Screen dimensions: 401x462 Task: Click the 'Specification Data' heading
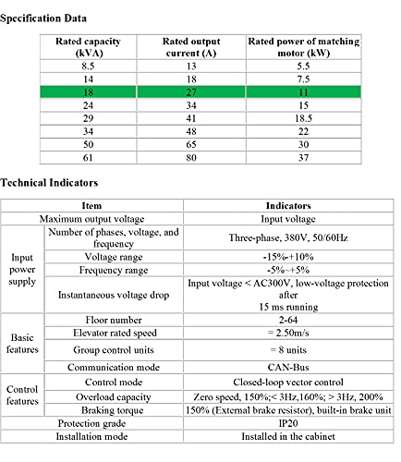(43, 18)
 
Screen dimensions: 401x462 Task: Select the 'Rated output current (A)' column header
(191, 47)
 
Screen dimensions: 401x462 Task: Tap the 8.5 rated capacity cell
(88, 67)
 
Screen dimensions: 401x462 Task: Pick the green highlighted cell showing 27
(191, 92)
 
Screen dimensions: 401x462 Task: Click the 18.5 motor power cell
(303, 118)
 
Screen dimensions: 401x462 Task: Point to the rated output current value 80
(191, 158)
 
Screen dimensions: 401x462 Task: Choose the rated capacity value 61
(88, 158)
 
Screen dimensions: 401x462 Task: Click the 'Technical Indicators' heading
(49, 183)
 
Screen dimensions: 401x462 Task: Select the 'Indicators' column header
(288, 206)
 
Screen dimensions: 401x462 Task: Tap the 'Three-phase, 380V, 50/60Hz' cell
(288, 237)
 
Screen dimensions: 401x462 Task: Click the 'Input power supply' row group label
(22, 269)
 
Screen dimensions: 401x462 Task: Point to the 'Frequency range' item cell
(114, 270)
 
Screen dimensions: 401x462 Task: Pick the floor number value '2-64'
(288, 320)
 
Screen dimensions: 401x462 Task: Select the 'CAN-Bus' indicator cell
(288, 367)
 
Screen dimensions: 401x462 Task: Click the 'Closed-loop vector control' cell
(288, 383)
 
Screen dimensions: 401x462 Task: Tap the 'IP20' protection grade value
(288, 423)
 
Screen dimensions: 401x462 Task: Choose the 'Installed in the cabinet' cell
(288, 436)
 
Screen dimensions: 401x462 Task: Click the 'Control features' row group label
(22, 395)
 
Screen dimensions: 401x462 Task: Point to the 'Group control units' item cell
(114, 350)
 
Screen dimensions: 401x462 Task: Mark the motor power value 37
(303, 158)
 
